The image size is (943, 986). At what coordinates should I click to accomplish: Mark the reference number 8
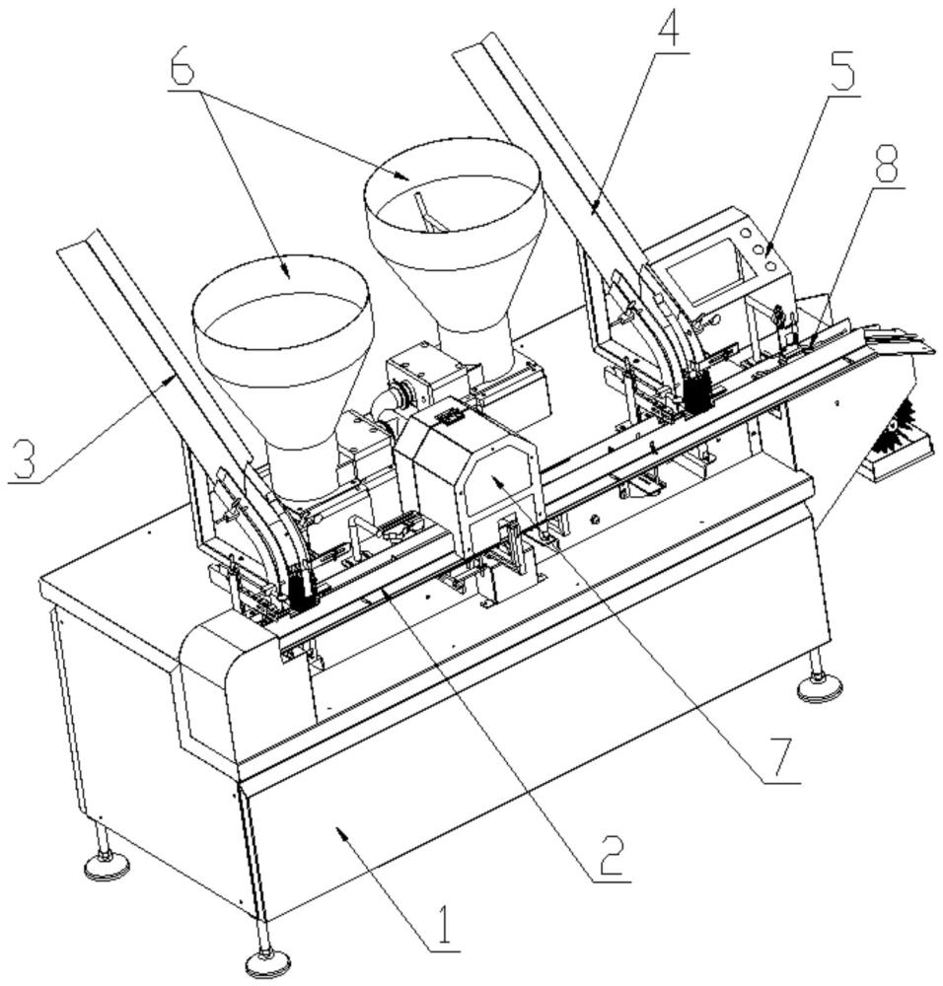885,164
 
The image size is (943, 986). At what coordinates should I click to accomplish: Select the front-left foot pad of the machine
107,865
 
